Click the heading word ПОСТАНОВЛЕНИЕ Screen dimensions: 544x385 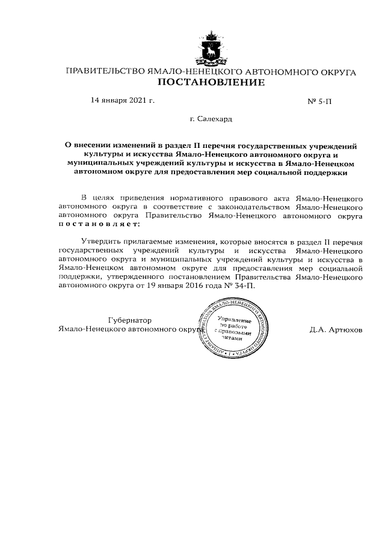[211, 82]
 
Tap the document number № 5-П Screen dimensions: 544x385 [319, 101]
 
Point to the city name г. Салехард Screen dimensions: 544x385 [211, 119]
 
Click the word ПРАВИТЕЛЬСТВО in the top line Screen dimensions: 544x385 [104, 72]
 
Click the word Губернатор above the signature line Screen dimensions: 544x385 [130, 320]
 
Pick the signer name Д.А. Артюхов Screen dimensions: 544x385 [336, 329]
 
